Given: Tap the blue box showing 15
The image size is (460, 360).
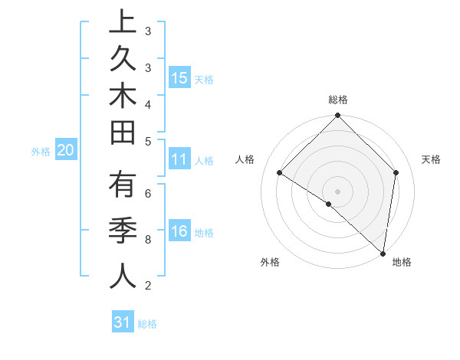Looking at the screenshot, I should point(179,78).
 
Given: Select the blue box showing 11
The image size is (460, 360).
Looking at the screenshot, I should point(179,160).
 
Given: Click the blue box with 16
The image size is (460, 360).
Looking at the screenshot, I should point(179,231).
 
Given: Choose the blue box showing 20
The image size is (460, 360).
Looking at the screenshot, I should point(66,151).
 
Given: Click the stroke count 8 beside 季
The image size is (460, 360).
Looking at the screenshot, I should point(148,240).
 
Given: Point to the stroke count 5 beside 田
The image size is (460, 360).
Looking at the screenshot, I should point(148,141).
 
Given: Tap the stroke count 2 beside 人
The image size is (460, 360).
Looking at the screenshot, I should point(148,286).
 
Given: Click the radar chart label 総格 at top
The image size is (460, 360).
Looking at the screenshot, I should point(338,100).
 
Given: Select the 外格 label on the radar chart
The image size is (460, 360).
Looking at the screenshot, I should point(270,262).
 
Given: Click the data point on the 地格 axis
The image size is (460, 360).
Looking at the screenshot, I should point(383,253).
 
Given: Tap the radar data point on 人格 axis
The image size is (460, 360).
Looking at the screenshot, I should point(280,173).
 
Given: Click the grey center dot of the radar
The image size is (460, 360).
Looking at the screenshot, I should point(338,191).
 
